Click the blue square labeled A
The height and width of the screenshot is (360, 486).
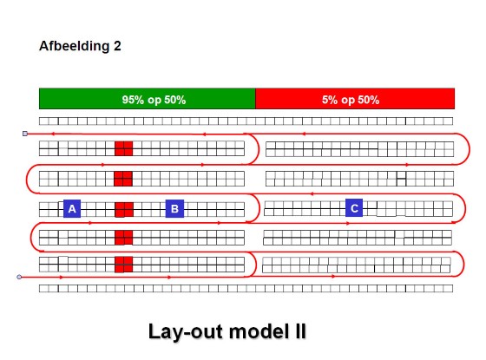coord(72,208)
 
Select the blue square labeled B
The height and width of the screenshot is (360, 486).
coord(174,208)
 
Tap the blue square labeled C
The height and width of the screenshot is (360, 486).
coord(354,207)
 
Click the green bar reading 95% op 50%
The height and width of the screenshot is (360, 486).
coord(148,99)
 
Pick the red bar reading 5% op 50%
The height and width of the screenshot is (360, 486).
coord(355,99)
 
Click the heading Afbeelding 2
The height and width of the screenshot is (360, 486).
coord(80,46)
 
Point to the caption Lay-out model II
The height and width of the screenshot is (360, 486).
coord(227,331)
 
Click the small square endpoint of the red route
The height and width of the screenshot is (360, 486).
coord(25,134)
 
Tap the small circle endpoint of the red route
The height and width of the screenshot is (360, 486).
coord(19,277)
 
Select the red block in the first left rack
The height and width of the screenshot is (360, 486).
coord(123,148)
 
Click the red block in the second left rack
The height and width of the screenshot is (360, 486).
coord(123,179)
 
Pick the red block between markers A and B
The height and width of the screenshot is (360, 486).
coord(124,210)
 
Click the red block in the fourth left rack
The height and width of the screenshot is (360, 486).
coord(123,238)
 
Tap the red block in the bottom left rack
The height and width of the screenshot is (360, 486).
coord(123,265)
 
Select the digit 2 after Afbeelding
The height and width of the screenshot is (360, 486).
coord(117,46)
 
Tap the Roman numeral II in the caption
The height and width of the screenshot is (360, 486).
coord(299,331)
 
